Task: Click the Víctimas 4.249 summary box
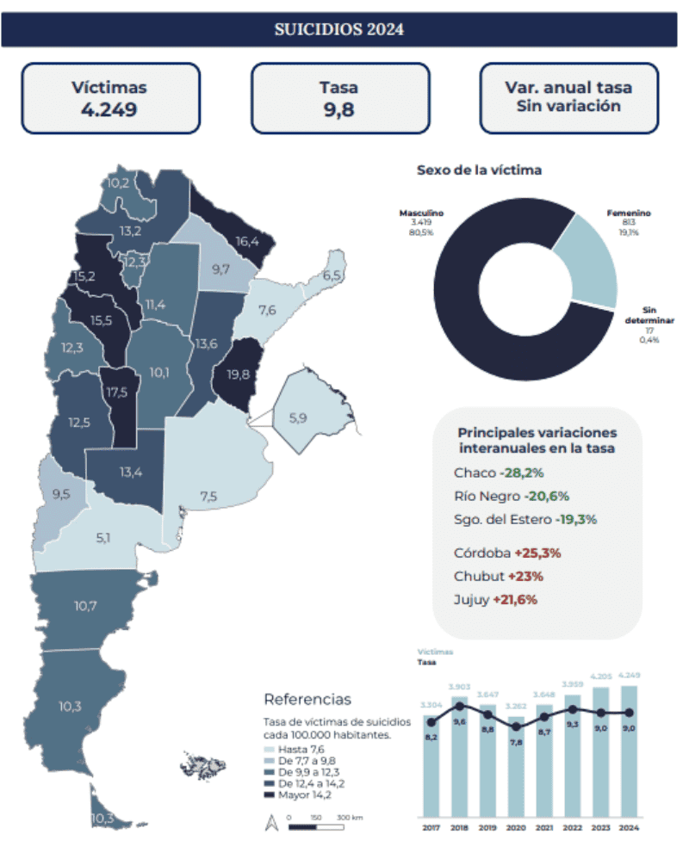pyautogui.click(x=109, y=98)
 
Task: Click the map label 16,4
pyautogui.click(x=247, y=241)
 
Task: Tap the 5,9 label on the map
pyautogui.click(x=298, y=418)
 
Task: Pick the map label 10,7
pyautogui.click(x=85, y=606)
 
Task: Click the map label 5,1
pyautogui.click(x=103, y=538)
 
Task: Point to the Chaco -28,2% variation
pyautogui.click(x=499, y=473)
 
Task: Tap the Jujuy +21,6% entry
pyautogui.click(x=495, y=599)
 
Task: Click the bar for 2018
pyautogui.click(x=459, y=757)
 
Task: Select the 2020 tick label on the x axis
pyautogui.click(x=515, y=828)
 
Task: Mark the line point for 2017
pyautogui.click(x=431, y=722)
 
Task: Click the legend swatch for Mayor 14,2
pyautogui.click(x=270, y=794)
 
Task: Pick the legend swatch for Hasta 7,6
pyautogui.click(x=270, y=750)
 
